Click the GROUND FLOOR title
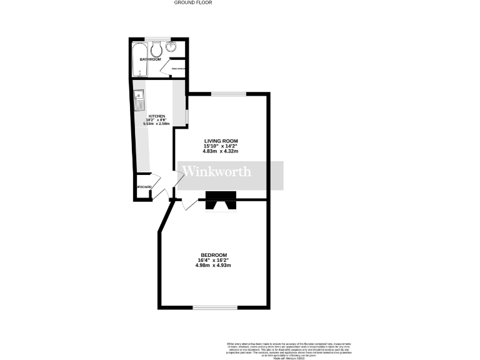coord(193,2)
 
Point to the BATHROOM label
coord(151,59)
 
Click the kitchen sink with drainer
coord(140,100)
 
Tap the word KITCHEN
coord(156,116)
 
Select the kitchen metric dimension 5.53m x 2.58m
coord(156,124)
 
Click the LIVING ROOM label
coord(221,141)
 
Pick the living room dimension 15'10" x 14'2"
coord(221,146)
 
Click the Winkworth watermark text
coord(217,172)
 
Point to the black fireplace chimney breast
coord(222,201)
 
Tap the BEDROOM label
coord(214,255)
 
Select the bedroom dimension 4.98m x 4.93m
coord(214,266)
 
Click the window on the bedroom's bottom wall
coord(214,307)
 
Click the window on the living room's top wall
coord(228,94)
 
